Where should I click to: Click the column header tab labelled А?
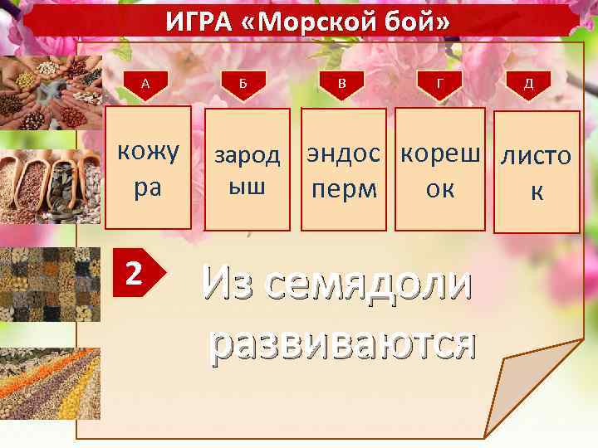146,83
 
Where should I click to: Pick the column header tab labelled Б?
243,83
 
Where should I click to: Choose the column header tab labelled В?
343,83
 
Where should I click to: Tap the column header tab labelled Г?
440,83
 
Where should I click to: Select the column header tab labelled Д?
529,83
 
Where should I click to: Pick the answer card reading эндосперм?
344,169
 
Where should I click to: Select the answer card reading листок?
537,172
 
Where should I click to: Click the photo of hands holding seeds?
50,93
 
